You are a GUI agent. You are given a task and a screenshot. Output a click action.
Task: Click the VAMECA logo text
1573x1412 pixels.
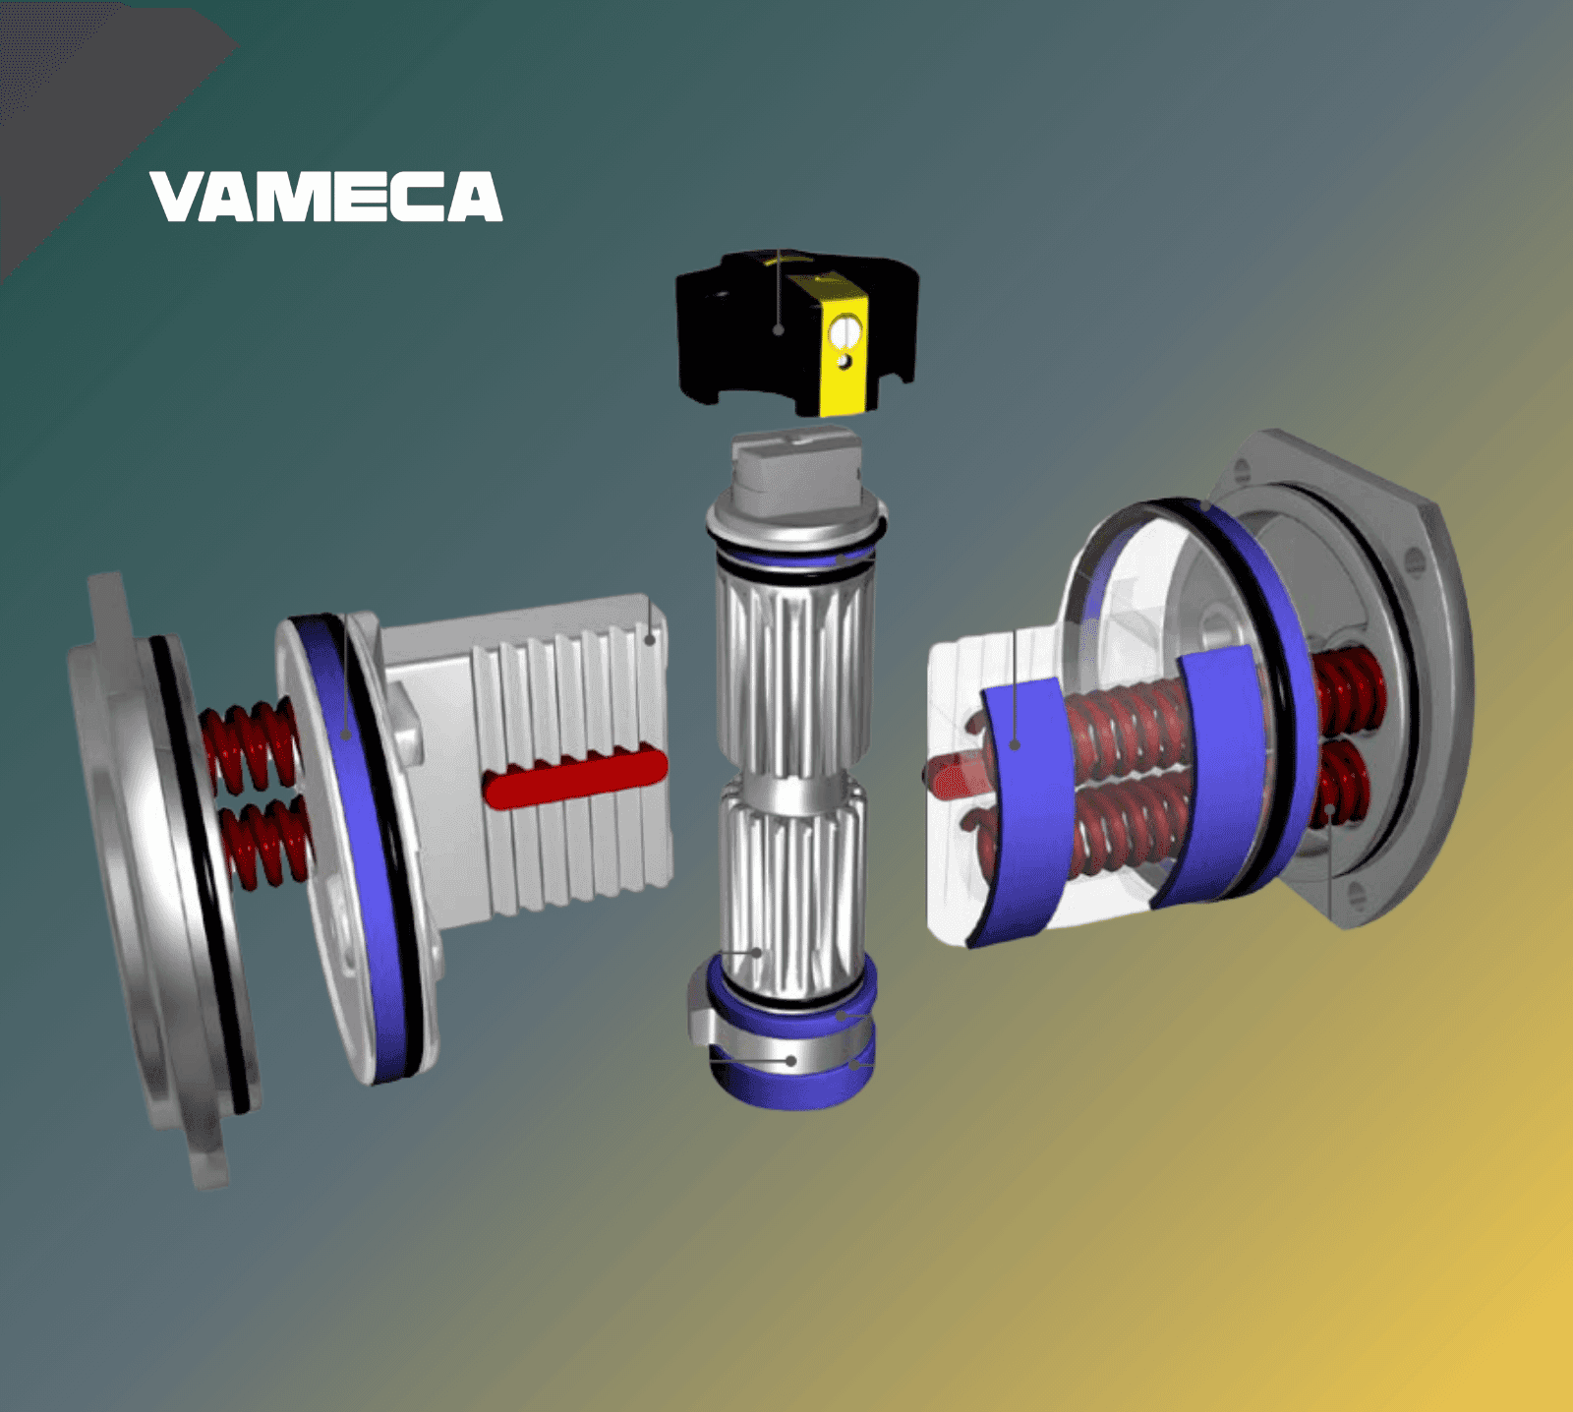(x=325, y=197)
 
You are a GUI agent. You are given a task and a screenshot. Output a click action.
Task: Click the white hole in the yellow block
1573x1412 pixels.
(x=843, y=334)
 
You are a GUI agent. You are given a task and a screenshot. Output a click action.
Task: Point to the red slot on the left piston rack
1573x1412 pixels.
(x=576, y=777)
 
